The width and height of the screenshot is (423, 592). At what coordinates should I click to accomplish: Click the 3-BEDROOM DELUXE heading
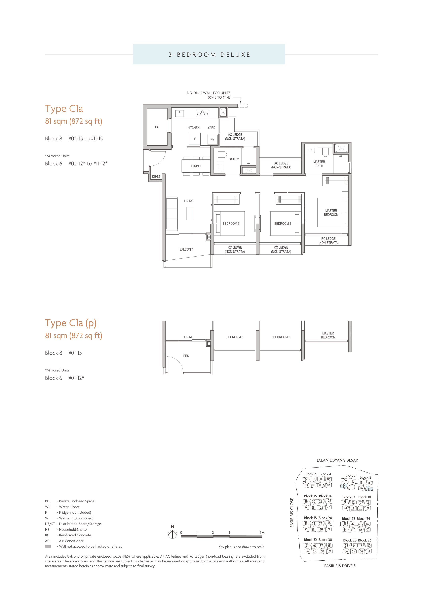point(209,55)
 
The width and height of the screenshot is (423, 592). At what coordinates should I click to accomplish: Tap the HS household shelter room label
point(157,127)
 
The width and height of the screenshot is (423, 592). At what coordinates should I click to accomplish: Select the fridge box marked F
point(195,139)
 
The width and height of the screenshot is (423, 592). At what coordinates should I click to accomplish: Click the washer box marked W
point(212,140)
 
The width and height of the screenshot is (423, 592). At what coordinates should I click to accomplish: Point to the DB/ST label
point(156,177)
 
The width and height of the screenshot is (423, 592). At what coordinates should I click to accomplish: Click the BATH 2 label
point(233,159)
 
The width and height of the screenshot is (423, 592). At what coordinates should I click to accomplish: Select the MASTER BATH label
point(319,164)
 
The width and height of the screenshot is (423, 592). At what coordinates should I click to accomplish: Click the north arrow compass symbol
point(173,534)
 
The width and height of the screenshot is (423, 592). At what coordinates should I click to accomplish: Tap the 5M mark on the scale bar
point(262,533)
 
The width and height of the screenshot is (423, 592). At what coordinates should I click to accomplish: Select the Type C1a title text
point(64,109)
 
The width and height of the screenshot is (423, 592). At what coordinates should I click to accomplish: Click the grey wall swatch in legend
point(48,546)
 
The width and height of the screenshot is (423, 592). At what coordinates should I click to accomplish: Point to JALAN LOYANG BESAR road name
point(337,460)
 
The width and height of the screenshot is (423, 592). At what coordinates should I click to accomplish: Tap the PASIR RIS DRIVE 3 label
point(339,566)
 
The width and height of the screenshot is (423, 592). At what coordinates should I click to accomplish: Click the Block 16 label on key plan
point(310,496)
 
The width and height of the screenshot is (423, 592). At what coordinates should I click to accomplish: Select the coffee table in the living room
point(190,214)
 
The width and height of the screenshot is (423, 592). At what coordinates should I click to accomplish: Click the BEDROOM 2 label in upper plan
point(282,224)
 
